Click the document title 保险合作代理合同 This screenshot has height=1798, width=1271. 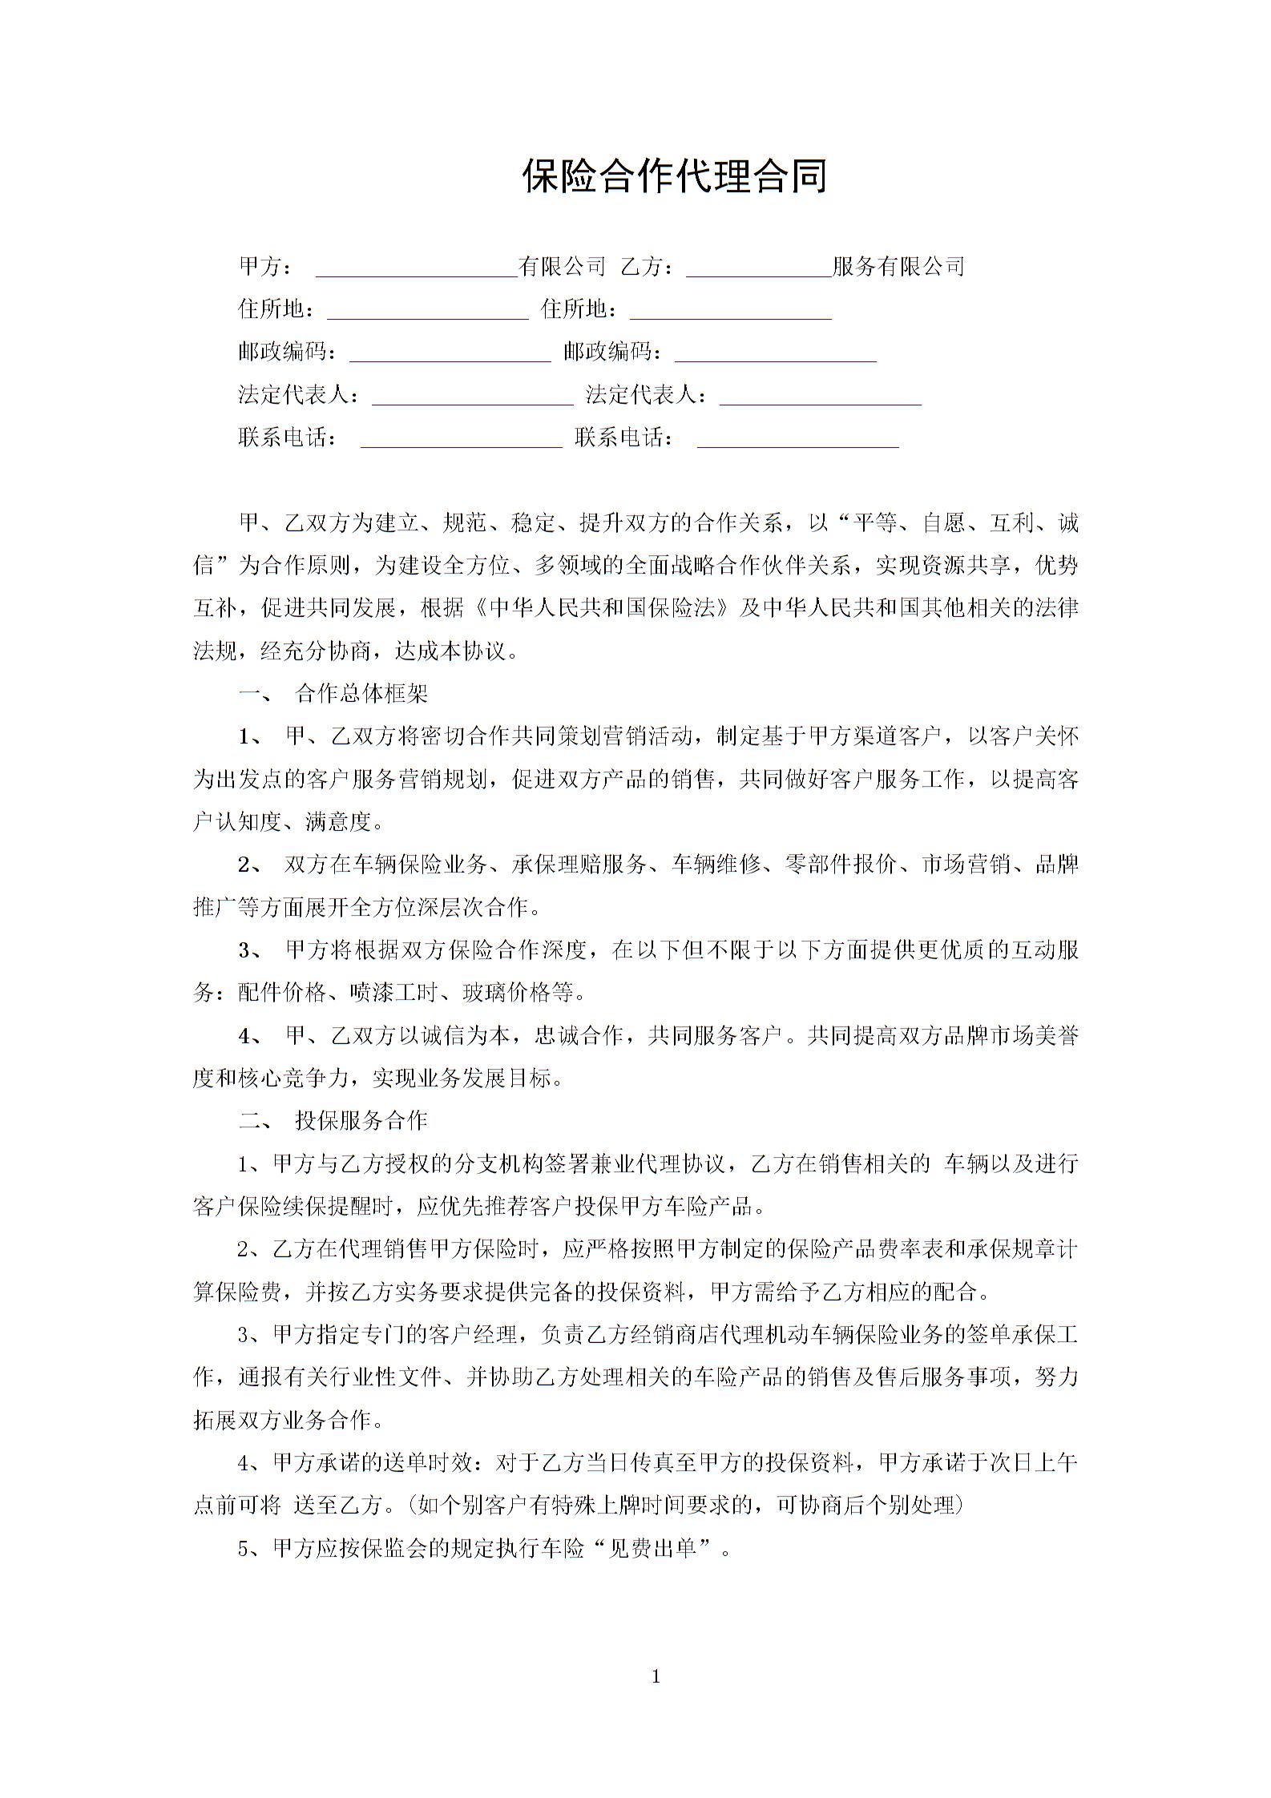tap(674, 175)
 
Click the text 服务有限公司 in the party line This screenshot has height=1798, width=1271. tap(898, 266)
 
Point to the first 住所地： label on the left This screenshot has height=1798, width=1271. tap(276, 309)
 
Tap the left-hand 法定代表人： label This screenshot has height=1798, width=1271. tap(299, 395)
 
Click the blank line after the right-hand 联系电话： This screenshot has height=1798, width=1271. tap(797, 440)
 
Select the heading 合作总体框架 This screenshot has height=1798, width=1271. tap(361, 694)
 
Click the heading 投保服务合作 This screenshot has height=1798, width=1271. tap(361, 1120)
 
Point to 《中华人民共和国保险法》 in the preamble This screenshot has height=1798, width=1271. tap(599, 608)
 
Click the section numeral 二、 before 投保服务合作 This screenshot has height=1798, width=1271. tap(256, 1120)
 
